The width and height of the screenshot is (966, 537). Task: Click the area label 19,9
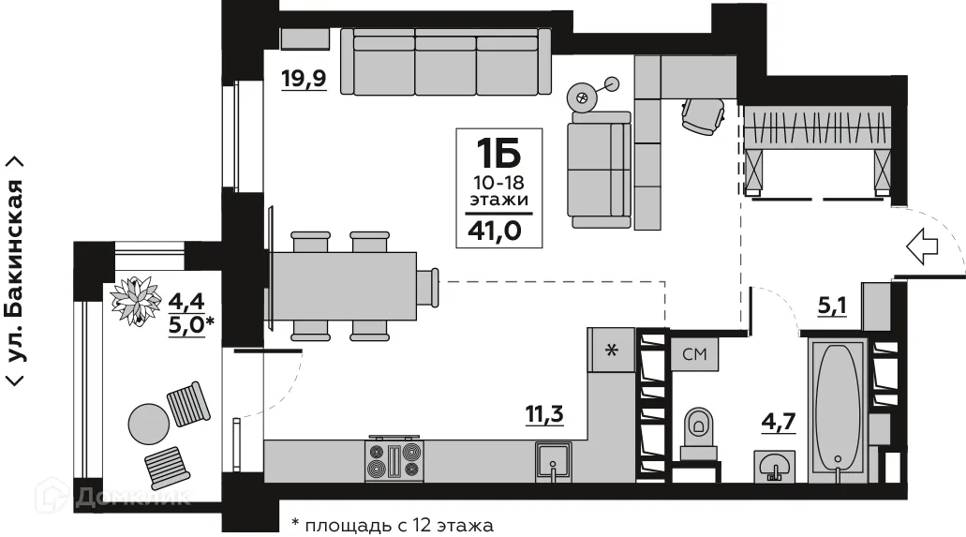[303, 78]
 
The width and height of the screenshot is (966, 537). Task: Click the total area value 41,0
[498, 228]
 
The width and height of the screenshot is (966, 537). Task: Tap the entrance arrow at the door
[924, 246]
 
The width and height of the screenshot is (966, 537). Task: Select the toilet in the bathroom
[699, 434]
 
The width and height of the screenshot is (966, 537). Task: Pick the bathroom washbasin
[775, 466]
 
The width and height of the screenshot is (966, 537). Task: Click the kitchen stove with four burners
[394, 460]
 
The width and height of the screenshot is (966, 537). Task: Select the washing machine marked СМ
[694, 354]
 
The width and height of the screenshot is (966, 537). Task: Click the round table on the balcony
[147, 425]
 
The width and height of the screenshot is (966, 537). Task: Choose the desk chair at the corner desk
[703, 114]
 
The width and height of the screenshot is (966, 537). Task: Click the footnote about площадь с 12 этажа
[392, 525]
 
